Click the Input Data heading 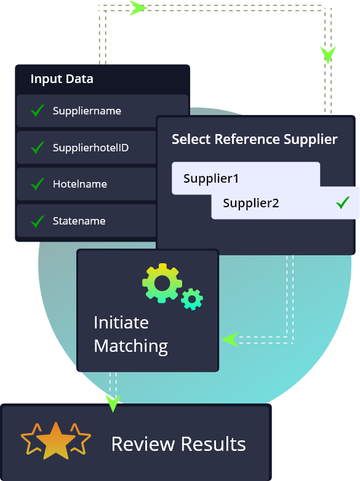tap(62, 79)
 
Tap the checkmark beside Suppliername tap(38, 111)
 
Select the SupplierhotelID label tap(90, 148)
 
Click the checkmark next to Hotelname tap(38, 184)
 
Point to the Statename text tap(79, 221)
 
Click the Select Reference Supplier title tap(254, 140)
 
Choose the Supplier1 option tap(211, 178)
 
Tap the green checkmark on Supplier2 tap(343, 203)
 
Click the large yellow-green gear tap(162, 283)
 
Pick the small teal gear tap(192, 299)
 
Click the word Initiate tap(121, 322)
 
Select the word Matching tap(130, 346)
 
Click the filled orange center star tap(56, 440)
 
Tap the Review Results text tap(178, 444)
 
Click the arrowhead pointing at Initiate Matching tap(230, 340)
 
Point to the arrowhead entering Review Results tap(113, 403)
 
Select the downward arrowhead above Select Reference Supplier tap(328, 55)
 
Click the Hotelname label tap(80, 184)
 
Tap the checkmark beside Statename tap(38, 221)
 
